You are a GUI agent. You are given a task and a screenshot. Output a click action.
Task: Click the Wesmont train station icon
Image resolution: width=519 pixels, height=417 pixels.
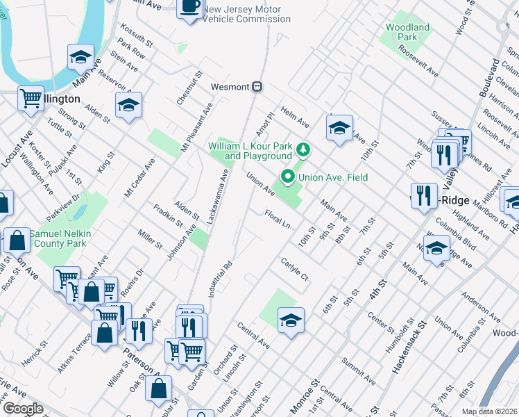point(257,87)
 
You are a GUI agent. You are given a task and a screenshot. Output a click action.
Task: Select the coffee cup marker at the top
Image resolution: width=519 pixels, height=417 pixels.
point(190,8)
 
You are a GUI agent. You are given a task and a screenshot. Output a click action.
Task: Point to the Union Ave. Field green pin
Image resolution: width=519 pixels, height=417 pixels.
point(286,177)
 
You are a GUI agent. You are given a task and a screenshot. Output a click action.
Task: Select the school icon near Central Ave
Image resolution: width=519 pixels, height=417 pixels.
point(291,320)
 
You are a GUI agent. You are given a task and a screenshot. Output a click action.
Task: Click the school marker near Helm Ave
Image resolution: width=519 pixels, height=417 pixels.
point(339,128)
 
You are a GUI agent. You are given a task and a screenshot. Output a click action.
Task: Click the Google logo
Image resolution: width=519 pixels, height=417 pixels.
point(22,409)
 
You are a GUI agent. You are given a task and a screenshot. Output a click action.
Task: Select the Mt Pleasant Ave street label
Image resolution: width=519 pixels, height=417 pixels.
point(196,128)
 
